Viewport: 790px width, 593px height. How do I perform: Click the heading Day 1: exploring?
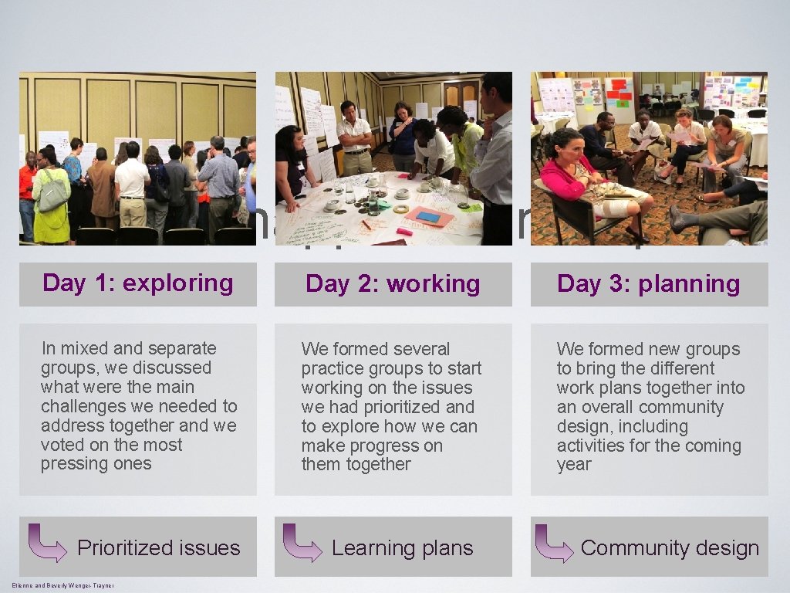pyautogui.click(x=137, y=283)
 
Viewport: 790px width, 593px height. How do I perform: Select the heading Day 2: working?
pyautogui.click(x=393, y=284)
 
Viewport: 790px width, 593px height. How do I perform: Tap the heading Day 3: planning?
pyautogui.click(x=648, y=284)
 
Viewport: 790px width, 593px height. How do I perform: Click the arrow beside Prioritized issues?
pyautogui.click(x=47, y=543)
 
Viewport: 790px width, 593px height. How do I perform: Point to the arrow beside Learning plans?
pyautogui.click(x=302, y=543)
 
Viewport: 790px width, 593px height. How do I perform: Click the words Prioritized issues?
pyautogui.click(x=158, y=548)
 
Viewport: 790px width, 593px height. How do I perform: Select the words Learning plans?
pyautogui.click(x=402, y=548)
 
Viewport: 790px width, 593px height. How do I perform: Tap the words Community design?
pyautogui.click(x=670, y=548)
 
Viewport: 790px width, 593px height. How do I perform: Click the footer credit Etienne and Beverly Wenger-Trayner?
pyautogui.click(x=62, y=586)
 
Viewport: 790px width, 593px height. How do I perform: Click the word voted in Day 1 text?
pyautogui.click(x=62, y=445)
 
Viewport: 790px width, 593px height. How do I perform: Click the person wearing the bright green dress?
pyautogui.click(x=51, y=201)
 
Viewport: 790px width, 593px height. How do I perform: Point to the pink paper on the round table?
pyautogui.click(x=429, y=216)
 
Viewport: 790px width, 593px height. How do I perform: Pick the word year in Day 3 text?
pyautogui.click(x=574, y=465)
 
